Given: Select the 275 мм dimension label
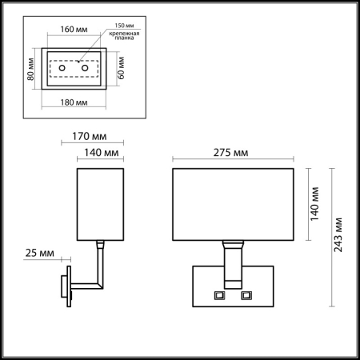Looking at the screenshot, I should coord(235,152).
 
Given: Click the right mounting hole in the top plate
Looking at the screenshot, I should coord(85,70).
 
